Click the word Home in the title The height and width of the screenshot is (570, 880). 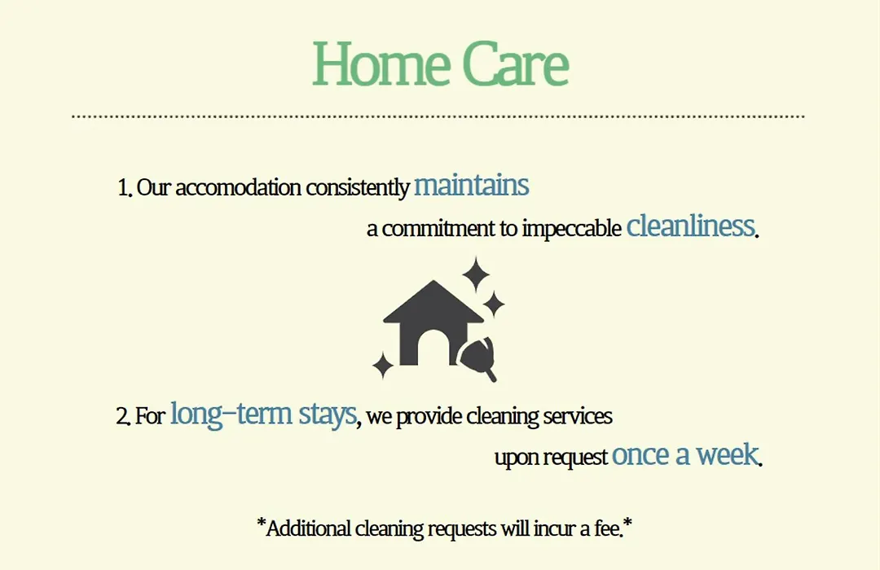click(379, 64)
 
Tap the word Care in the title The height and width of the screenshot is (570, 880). click(515, 64)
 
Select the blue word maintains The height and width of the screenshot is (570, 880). click(472, 185)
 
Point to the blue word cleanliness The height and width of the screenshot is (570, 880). click(690, 226)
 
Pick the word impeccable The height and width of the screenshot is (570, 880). click(571, 228)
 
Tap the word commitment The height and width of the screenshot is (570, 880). click(439, 229)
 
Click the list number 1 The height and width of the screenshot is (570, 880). click(124, 187)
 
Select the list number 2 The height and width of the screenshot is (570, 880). click(123, 416)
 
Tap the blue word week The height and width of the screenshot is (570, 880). click(728, 454)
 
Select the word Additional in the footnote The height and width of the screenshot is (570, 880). click(308, 528)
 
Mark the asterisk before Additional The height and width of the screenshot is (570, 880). click(261, 522)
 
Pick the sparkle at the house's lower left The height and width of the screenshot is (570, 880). click(383, 366)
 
